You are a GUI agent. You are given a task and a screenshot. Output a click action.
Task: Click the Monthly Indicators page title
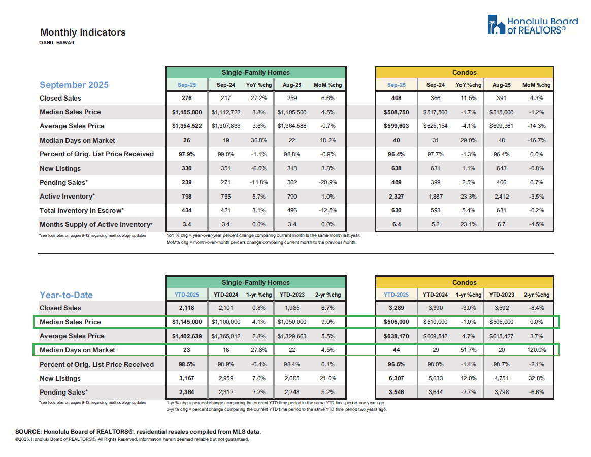coord(83,32)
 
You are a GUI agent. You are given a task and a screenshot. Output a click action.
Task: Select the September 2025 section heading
coord(74,85)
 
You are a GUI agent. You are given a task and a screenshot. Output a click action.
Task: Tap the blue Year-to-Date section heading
coord(66,295)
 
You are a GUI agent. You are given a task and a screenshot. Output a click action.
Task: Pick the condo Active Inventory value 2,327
coord(396,197)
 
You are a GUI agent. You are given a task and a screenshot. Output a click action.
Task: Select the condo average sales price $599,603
coord(396,126)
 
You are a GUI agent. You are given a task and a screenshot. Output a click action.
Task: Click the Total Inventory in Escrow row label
coord(82,210)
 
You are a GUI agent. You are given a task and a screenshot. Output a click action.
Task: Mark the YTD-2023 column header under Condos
coord(501,295)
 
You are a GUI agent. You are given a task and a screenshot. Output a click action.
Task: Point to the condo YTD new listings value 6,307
coord(396,378)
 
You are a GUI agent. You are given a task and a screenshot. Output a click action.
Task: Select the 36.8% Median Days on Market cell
coord(257,141)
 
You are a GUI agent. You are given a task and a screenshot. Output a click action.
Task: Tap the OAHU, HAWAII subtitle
coord(57,43)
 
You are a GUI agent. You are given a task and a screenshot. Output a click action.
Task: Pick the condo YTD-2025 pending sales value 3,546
coord(396,392)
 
